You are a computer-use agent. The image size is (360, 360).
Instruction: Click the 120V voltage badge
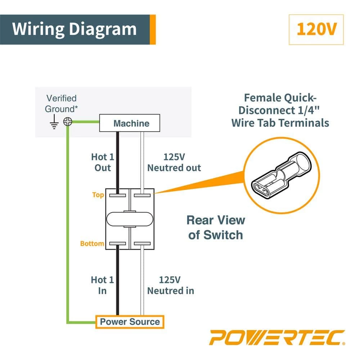click(x=316, y=30)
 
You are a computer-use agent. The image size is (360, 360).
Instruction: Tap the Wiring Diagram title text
click(x=75, y=29)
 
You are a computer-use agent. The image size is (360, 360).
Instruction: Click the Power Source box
click(x=130, y=321)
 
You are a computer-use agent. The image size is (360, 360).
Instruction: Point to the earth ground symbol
click(x=54, y=123)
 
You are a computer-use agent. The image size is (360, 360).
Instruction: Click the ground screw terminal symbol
click(x=67, y=122)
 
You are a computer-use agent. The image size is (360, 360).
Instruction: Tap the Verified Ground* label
click(x=61, y=103)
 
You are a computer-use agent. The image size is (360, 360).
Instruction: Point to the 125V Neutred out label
click(x=174, y=162)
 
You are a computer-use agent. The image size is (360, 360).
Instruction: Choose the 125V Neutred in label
click(x=171, y=285)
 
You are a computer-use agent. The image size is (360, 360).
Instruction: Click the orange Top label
click(x=98, y=195)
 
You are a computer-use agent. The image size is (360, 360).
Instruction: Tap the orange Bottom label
click(x=92, y=244)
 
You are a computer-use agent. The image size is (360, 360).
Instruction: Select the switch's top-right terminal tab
click(x=141, y=195)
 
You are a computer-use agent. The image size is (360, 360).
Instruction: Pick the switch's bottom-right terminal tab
click(x=141, y=244)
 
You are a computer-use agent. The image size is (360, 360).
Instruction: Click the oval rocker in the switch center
click(x=129, y=219)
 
